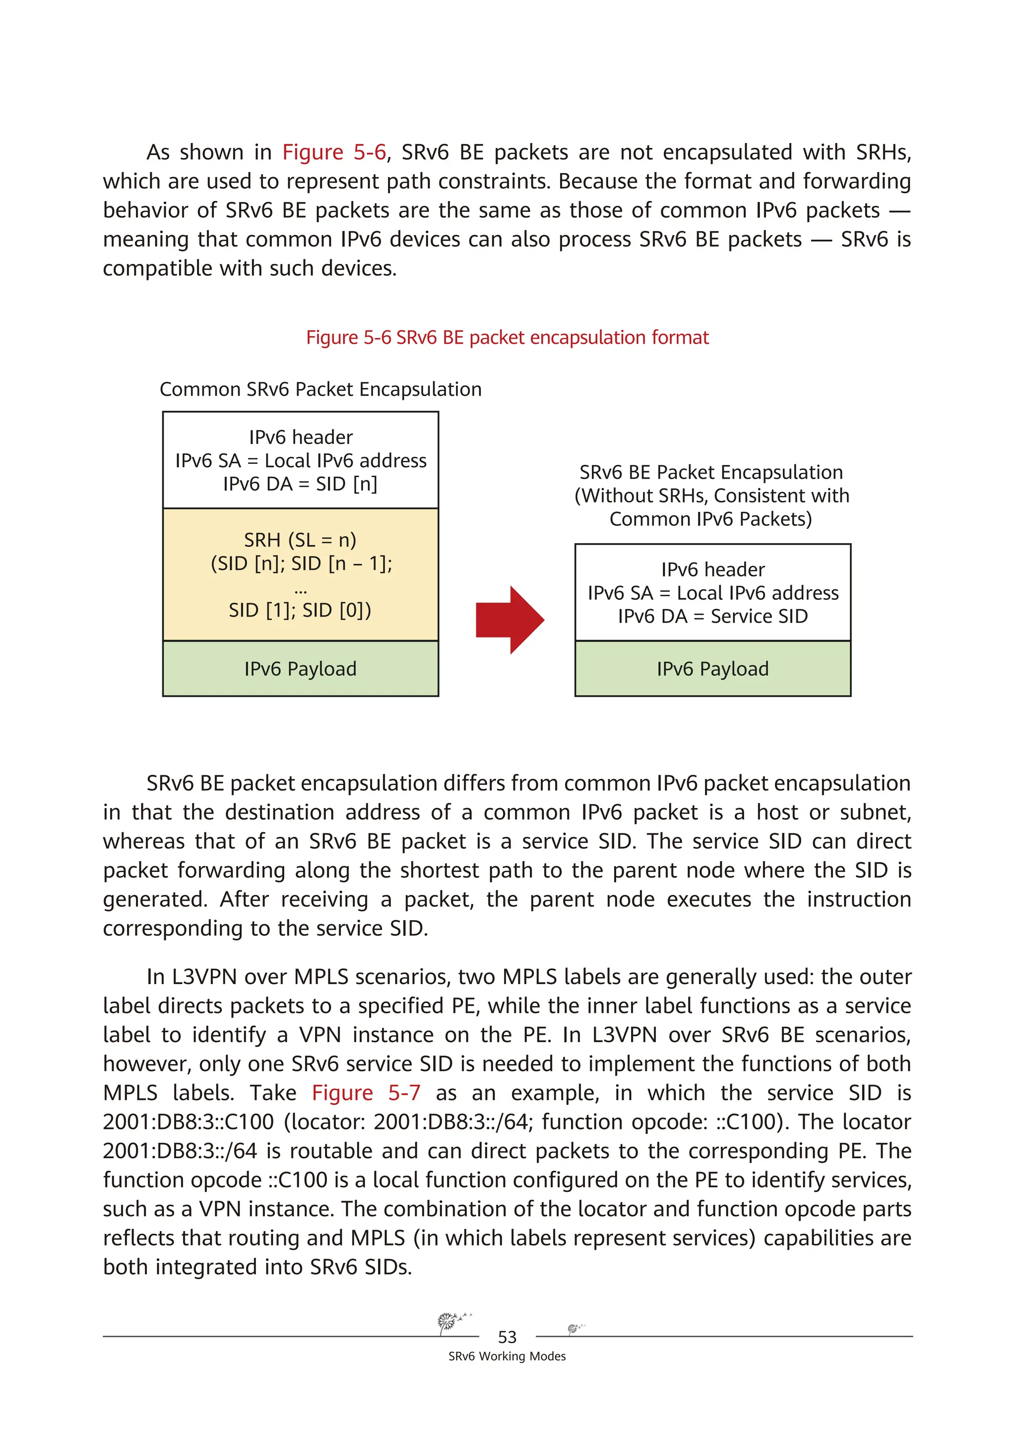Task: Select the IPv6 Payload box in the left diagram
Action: [300, 669]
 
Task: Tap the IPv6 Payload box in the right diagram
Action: [713, 669]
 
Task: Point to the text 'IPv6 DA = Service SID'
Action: [713, 616]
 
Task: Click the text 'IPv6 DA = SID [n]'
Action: [300, 484]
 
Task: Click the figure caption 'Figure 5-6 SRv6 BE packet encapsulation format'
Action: [507, 337]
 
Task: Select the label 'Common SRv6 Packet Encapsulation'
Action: [320, 389]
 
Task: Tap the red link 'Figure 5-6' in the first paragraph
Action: [334, 152]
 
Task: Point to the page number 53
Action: [507, 1337]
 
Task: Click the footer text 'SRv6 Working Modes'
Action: [507, 1356]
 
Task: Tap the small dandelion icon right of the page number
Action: [573, 1327]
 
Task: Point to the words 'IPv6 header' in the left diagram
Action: [301, 437]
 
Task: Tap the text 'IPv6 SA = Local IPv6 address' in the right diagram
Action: [713, 593]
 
